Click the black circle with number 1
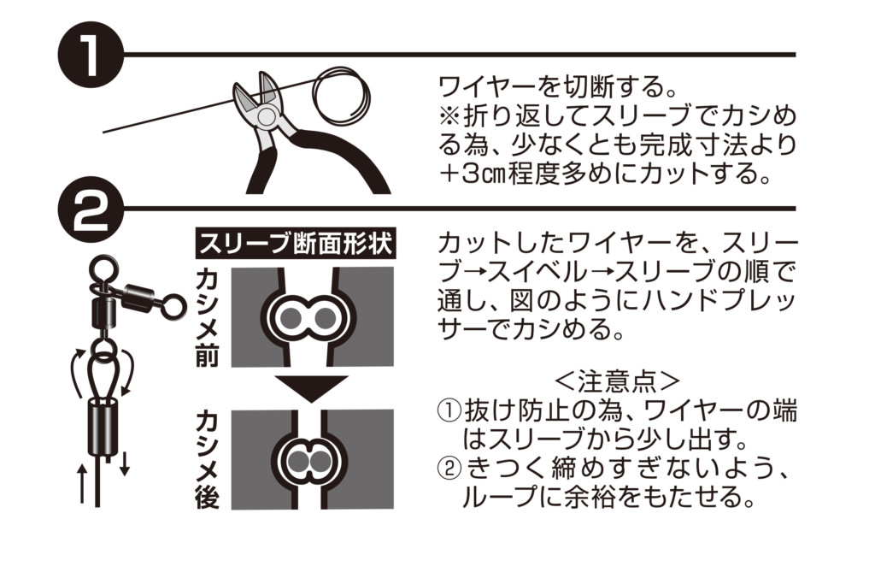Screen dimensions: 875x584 tap(91, 56)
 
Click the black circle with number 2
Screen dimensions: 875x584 tap(91, 209)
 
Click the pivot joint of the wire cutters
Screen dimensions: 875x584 tap(265, 115)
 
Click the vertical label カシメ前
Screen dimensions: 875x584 tap(207, 319)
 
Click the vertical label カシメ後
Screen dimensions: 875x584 tap(207, 459)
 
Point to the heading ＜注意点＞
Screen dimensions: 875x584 tap(618, 382)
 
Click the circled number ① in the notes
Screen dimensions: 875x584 tap(449, 412)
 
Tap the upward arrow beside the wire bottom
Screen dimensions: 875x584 tap(82, 483)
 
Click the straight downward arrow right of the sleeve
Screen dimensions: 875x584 tap(125, 463)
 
